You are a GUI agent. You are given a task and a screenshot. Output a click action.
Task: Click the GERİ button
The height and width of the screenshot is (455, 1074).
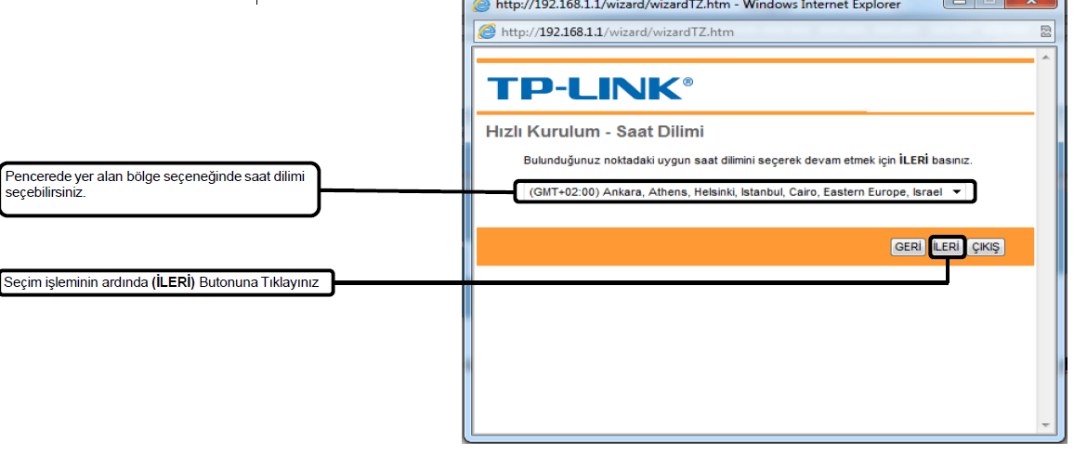click(x=907, y=247)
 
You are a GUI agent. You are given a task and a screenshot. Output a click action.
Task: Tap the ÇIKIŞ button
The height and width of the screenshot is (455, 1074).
click(x=985, y=247)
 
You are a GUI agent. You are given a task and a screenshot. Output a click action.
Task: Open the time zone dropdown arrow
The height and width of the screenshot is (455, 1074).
click(x=956, y=192)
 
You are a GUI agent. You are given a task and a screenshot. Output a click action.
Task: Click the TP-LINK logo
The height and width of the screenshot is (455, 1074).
click(x=589, y=89)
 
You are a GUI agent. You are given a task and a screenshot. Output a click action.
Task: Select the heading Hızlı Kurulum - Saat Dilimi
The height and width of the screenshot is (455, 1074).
click(x=595, y=132)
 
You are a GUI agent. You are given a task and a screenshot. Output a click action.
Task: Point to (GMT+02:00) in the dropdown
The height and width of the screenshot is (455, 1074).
click(x=565, y=192)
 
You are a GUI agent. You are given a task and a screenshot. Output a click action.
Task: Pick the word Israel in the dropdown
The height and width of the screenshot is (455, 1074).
click(x=927, y=192)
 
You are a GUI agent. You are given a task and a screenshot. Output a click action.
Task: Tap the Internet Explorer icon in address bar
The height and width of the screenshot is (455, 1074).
click(x=486, y=32)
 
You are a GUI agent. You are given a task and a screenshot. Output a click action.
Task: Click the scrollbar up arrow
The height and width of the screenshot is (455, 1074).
click(x=1046, y=58)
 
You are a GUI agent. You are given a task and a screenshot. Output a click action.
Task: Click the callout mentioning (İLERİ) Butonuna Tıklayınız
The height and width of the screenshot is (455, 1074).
click(x=167, y=283)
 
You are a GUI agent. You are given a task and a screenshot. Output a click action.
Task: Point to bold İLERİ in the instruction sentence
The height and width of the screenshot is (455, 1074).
click(x=913, y=161)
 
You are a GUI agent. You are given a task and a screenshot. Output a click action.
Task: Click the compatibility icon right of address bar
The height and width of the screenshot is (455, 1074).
click(x=1046, y=32)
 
